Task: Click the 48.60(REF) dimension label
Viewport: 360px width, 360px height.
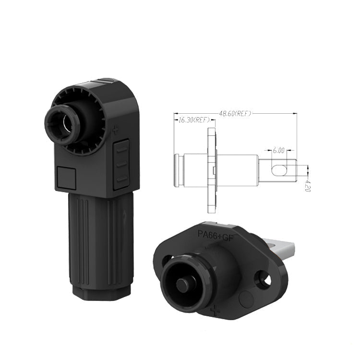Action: click(235, 113)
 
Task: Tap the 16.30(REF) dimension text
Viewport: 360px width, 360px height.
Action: click(194, 120)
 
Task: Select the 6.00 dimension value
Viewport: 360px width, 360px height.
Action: click(279, 151)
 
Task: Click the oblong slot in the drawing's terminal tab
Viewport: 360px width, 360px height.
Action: click(279, 170)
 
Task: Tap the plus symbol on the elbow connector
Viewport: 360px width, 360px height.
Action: click(115, 130)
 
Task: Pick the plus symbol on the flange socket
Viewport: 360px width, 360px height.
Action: click(215, 310)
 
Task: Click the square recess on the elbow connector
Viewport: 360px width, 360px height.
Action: click(66, 178)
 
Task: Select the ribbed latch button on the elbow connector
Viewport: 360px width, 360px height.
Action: click(121, 164)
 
